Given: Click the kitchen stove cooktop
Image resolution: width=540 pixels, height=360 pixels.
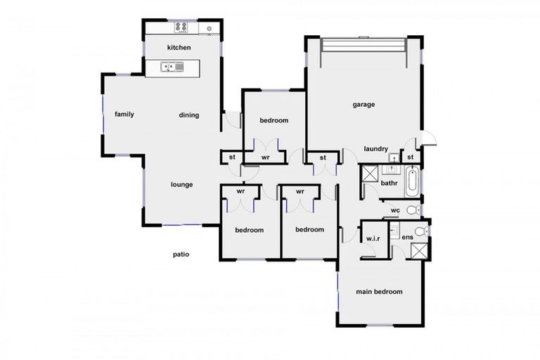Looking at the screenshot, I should point(181,27).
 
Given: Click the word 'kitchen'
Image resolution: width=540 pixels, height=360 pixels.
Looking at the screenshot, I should point(179,47).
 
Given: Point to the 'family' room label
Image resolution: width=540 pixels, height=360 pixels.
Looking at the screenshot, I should point(124,114).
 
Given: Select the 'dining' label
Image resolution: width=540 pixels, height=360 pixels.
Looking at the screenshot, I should point(188,115).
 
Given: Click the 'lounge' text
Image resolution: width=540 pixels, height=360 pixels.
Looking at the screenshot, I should point(181,185).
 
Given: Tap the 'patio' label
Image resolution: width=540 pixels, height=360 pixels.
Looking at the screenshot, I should point(181,255).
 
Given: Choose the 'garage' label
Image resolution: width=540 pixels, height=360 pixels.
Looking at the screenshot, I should point(364,105).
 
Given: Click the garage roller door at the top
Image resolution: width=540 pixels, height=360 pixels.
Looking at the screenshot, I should point(364,44).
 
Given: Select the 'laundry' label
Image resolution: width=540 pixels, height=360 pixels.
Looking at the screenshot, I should point(376,148).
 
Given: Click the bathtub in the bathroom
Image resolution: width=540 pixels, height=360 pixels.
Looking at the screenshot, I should point(412,181).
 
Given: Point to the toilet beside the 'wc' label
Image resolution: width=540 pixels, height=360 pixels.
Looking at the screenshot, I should point(413,209).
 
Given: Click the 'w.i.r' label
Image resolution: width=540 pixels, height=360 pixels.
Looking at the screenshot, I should point(373,239).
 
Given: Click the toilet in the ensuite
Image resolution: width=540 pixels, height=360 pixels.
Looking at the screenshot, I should point(420,231).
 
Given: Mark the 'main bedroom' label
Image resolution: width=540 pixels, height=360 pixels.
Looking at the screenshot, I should point(379,292).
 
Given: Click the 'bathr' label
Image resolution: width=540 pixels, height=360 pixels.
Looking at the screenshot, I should point(390,184).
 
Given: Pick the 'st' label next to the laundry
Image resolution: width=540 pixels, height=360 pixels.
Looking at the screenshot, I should point(409,157).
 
